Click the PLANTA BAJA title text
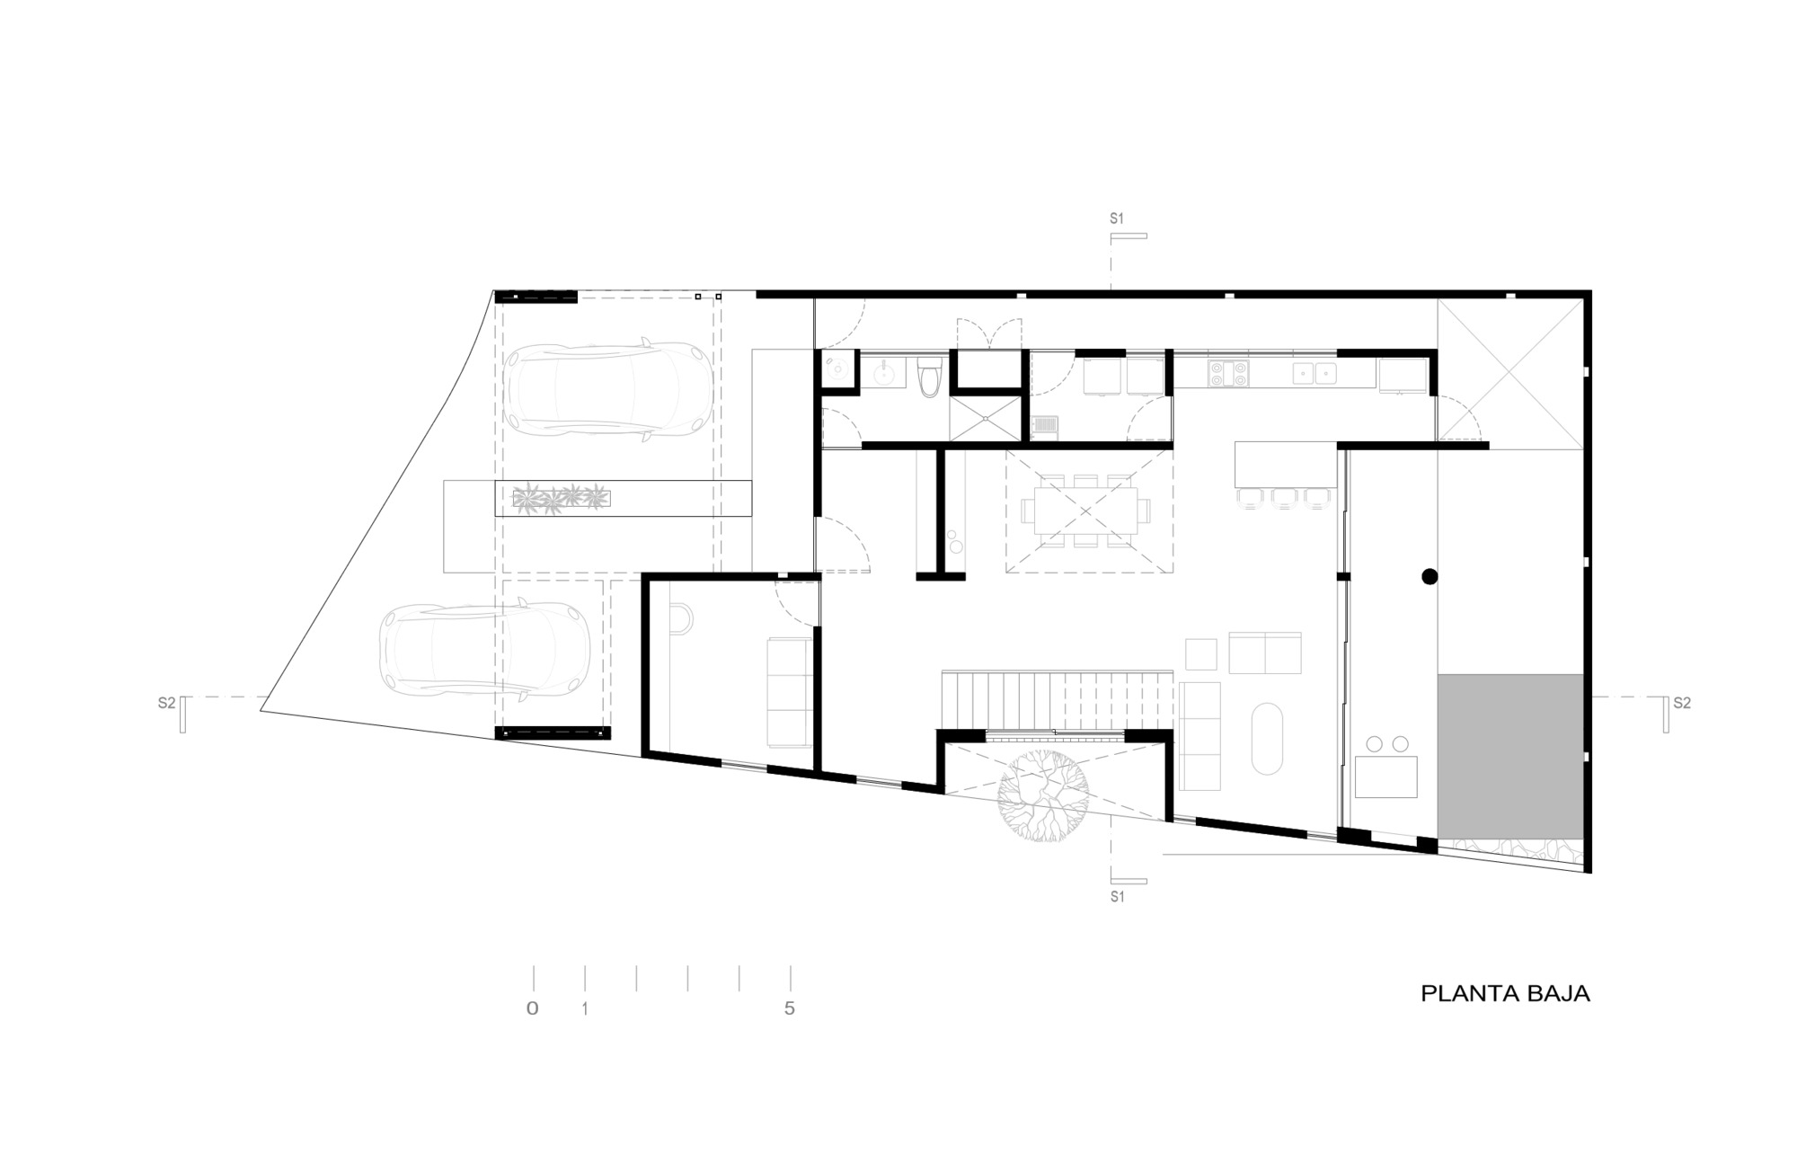coord(1505,993)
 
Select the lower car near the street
coord(484,649)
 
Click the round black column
coord(1430,577)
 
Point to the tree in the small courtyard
coord(1043,795)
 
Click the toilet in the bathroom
coord(930,375)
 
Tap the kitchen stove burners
coord(1228,373)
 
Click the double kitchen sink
coord(1315,372)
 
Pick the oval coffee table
coord(1267,737)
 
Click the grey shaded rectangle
coord(1509,756)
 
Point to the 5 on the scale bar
coord(790,1008)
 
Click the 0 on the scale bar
coord(533,1008)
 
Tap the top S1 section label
coord(1117,218)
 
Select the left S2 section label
coord(166,703)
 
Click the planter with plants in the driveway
coord(561,498)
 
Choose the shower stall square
coord(986,418)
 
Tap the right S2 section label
coord(1681,703)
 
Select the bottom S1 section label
coord(1117,897)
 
